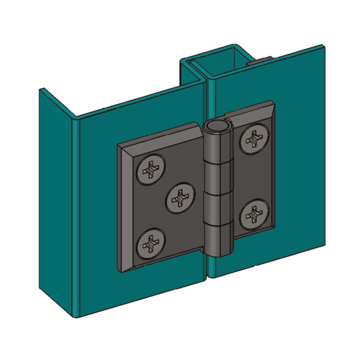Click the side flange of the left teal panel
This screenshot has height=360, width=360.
(58, 202)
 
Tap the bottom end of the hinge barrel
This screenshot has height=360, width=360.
(220, 254)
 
